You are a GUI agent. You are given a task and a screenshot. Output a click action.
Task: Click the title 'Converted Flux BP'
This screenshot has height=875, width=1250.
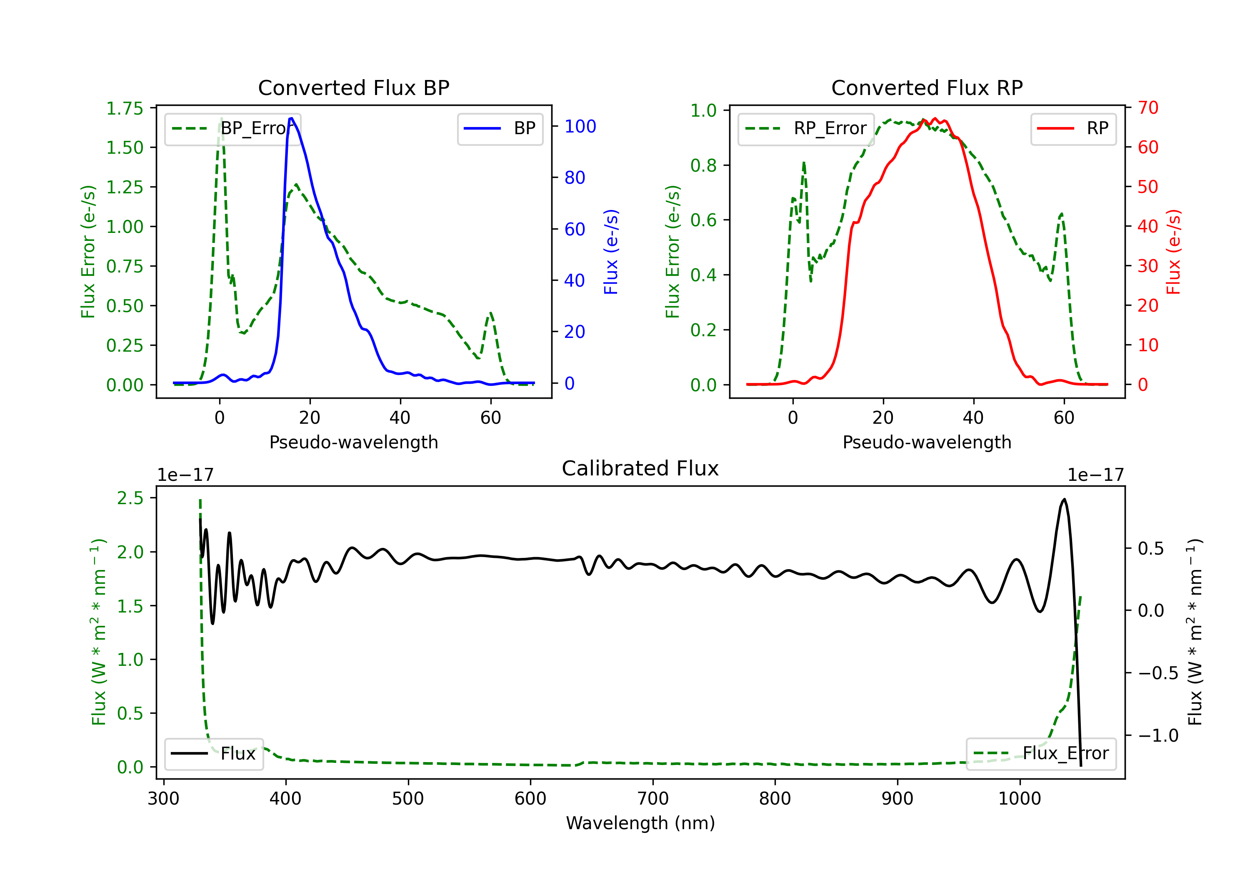click(x=353, y=87)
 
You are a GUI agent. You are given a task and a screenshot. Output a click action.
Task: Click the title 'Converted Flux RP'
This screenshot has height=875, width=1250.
click(x=927, y=87)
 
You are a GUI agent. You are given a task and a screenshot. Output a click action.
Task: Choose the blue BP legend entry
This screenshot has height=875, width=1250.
click(x=500, y=128)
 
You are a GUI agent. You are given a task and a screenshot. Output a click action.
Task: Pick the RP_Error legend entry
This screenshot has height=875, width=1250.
click(x=806, y=128)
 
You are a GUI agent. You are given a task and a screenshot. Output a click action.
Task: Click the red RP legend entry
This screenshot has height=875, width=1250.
click(x=1073, y=128)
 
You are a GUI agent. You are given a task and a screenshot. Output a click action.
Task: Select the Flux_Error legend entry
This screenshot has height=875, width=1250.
click(x=1041, y=754)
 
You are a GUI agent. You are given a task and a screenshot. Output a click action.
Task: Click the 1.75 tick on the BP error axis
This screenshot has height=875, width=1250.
click(x=125, y=108)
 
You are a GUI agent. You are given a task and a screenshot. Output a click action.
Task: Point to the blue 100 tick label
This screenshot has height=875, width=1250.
click(x=580, y=126)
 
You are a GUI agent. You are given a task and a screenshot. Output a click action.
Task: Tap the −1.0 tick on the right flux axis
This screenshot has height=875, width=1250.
click(x=1158, y=735)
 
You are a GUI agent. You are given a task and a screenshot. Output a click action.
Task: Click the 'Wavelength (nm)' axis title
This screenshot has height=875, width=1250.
click(x=640, y=823)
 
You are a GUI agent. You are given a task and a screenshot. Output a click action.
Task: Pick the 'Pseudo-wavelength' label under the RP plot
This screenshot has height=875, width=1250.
click(x=927, y=442)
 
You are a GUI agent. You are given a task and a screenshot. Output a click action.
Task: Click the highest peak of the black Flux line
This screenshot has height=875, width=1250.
click(x=1064, y=499)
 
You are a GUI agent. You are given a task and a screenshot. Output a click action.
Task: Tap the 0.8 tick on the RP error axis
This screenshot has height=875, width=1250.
click(x=703, y=165)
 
